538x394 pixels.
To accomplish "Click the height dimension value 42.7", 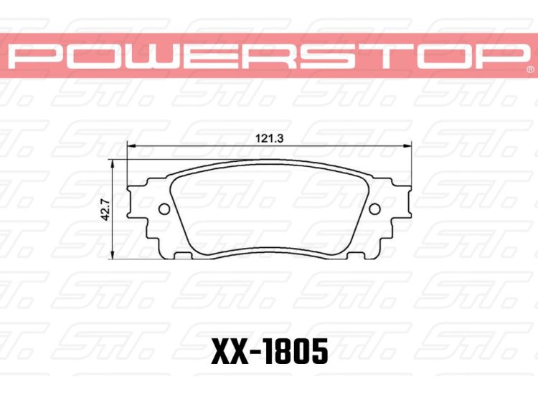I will pos(105,211).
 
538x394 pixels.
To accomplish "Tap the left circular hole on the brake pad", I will pos(163,209).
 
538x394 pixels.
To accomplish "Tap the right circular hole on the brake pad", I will pos(374,208).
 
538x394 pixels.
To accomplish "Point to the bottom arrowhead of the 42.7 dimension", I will pos(113,256).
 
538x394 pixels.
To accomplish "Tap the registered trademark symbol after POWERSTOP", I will pos(529,70).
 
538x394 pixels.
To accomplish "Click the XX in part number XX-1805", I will pos(229,352).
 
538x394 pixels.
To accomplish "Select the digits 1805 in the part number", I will pos(297,352).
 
